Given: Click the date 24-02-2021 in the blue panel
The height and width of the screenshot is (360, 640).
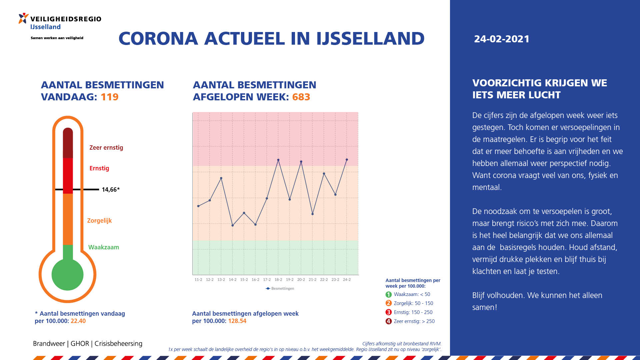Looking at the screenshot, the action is click(502, 39).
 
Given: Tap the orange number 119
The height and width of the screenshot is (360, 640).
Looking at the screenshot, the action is click(110, 97).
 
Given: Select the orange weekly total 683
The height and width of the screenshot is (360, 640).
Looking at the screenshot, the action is click(301, 97).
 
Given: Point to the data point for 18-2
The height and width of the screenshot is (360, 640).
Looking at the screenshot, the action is click(278, 160).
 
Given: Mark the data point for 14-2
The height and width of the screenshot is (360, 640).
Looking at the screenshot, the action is click(233, 225).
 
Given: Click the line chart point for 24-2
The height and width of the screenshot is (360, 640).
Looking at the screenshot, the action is click(347, 160).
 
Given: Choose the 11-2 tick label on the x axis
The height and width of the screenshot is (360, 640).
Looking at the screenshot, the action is click(198, 280).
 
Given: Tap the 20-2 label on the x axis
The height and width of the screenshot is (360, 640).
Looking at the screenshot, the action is click(301, 280).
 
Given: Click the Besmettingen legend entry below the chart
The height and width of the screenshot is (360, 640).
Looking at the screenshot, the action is click(280, 288).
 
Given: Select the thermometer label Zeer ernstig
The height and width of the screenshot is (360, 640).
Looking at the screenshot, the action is click(106, 148).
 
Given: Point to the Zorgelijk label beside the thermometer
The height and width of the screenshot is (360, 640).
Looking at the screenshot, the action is click(99, 221).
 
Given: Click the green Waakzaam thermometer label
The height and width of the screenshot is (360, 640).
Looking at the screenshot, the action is click(104, 247).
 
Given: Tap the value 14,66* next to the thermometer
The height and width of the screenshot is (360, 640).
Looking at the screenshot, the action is click(111, 190).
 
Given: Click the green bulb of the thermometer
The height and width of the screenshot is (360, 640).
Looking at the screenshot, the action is click(68, 275).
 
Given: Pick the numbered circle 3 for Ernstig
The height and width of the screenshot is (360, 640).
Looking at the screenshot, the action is click(388, 312).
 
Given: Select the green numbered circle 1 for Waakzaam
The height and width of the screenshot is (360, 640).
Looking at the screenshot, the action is click(388, 294).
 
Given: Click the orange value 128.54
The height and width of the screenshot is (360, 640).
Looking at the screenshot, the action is click(237, 321).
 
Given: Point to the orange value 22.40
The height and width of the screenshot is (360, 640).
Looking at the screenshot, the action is click(78, 321).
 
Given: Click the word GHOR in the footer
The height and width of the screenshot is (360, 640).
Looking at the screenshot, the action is click(80, 344).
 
